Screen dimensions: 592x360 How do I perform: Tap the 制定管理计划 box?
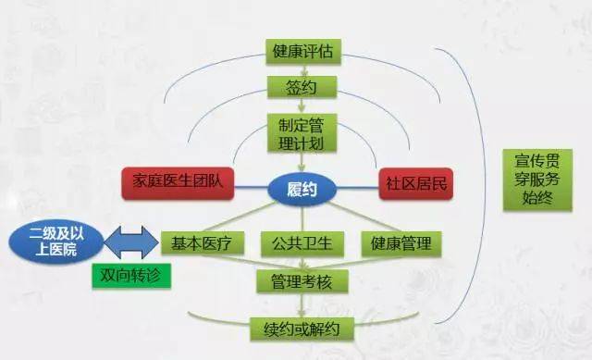click(302, 133)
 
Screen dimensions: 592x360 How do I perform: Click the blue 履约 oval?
click(302, 188)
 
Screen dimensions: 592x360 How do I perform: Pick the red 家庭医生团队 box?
click(179, 182)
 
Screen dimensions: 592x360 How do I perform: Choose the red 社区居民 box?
click(415, 182)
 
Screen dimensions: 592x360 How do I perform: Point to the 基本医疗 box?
click(202, 243)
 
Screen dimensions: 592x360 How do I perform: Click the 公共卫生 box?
click(302, 243)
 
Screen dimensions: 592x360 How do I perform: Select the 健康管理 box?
click(401, 243)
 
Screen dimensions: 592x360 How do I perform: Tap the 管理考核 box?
click(302, 279)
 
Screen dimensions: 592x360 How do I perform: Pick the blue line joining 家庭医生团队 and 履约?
click(252, 186)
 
